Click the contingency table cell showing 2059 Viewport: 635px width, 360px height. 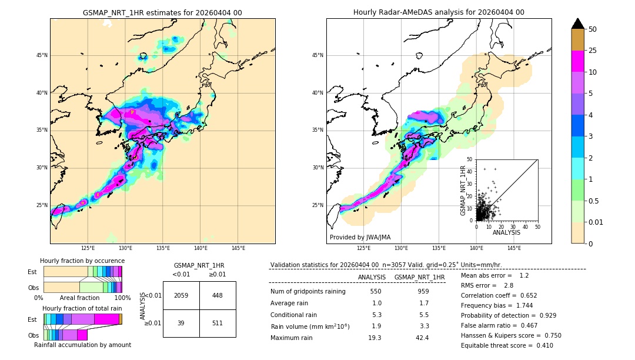pos(181,295)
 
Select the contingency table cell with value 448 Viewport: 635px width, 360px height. pos(218,295)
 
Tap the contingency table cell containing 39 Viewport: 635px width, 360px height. pos(181,323)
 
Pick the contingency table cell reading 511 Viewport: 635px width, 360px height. pos(218,323)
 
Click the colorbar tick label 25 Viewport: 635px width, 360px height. pos(593,51)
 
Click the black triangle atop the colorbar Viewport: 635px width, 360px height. pos(578,24)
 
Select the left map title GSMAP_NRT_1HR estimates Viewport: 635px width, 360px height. pos(162,12)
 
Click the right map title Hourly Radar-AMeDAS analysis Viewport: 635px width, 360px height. pos(439,12)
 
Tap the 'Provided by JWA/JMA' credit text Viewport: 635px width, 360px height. pos(360,238)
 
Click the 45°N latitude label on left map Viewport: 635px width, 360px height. pos(42,55)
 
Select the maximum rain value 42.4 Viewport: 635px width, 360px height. pos(423,338)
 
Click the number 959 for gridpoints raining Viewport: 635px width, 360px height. pos(423,292)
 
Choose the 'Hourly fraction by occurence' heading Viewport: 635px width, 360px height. pos(82,261)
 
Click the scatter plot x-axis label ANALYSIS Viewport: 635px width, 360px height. pos(506,232)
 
